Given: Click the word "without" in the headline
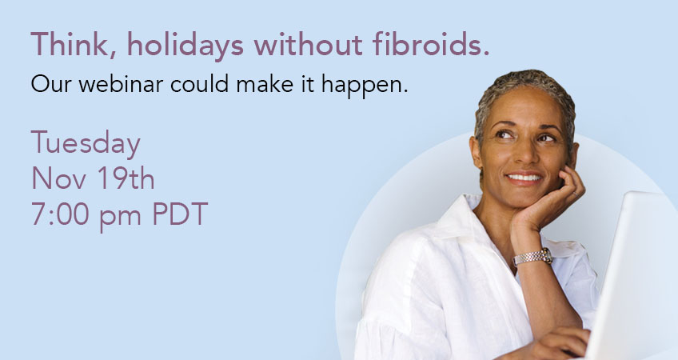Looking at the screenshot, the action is [x=308, y=44].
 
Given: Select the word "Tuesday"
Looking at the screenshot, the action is [x=86, y=144].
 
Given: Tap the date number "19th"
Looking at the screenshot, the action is [x=126, y=178].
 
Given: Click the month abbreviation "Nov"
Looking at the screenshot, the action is [x=59, y=178].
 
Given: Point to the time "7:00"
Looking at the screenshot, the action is [x=60, y=214].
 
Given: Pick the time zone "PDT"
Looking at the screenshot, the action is [x=180, y=214].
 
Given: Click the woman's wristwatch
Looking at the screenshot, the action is [x=532, y=257].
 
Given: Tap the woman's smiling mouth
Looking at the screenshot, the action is [x=524, y=178].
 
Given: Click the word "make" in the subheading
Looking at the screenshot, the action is [x=265, y=84].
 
